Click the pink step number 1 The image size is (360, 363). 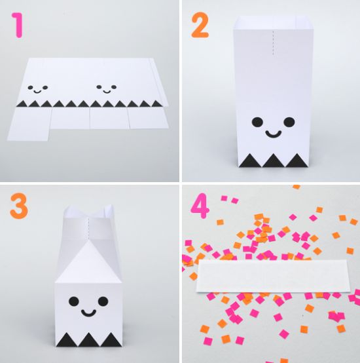18,25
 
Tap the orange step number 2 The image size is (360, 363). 200,25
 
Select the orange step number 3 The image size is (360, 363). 19,206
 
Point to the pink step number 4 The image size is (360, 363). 200,206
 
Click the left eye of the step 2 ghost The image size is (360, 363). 258,122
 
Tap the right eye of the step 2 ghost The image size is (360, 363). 289,122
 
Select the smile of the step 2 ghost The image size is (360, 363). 274,134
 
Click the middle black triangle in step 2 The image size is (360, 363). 274,160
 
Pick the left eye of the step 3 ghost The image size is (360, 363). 74,301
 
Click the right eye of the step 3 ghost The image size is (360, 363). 103,301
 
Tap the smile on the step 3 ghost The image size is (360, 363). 88,313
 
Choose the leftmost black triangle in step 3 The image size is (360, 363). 67,339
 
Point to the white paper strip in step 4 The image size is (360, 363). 273,277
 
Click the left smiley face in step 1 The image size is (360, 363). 38,89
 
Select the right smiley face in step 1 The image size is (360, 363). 106,88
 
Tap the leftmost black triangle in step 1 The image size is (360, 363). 22,104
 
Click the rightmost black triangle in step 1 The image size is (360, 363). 156,104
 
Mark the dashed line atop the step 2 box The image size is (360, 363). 274,43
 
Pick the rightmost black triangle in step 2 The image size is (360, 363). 297,160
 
